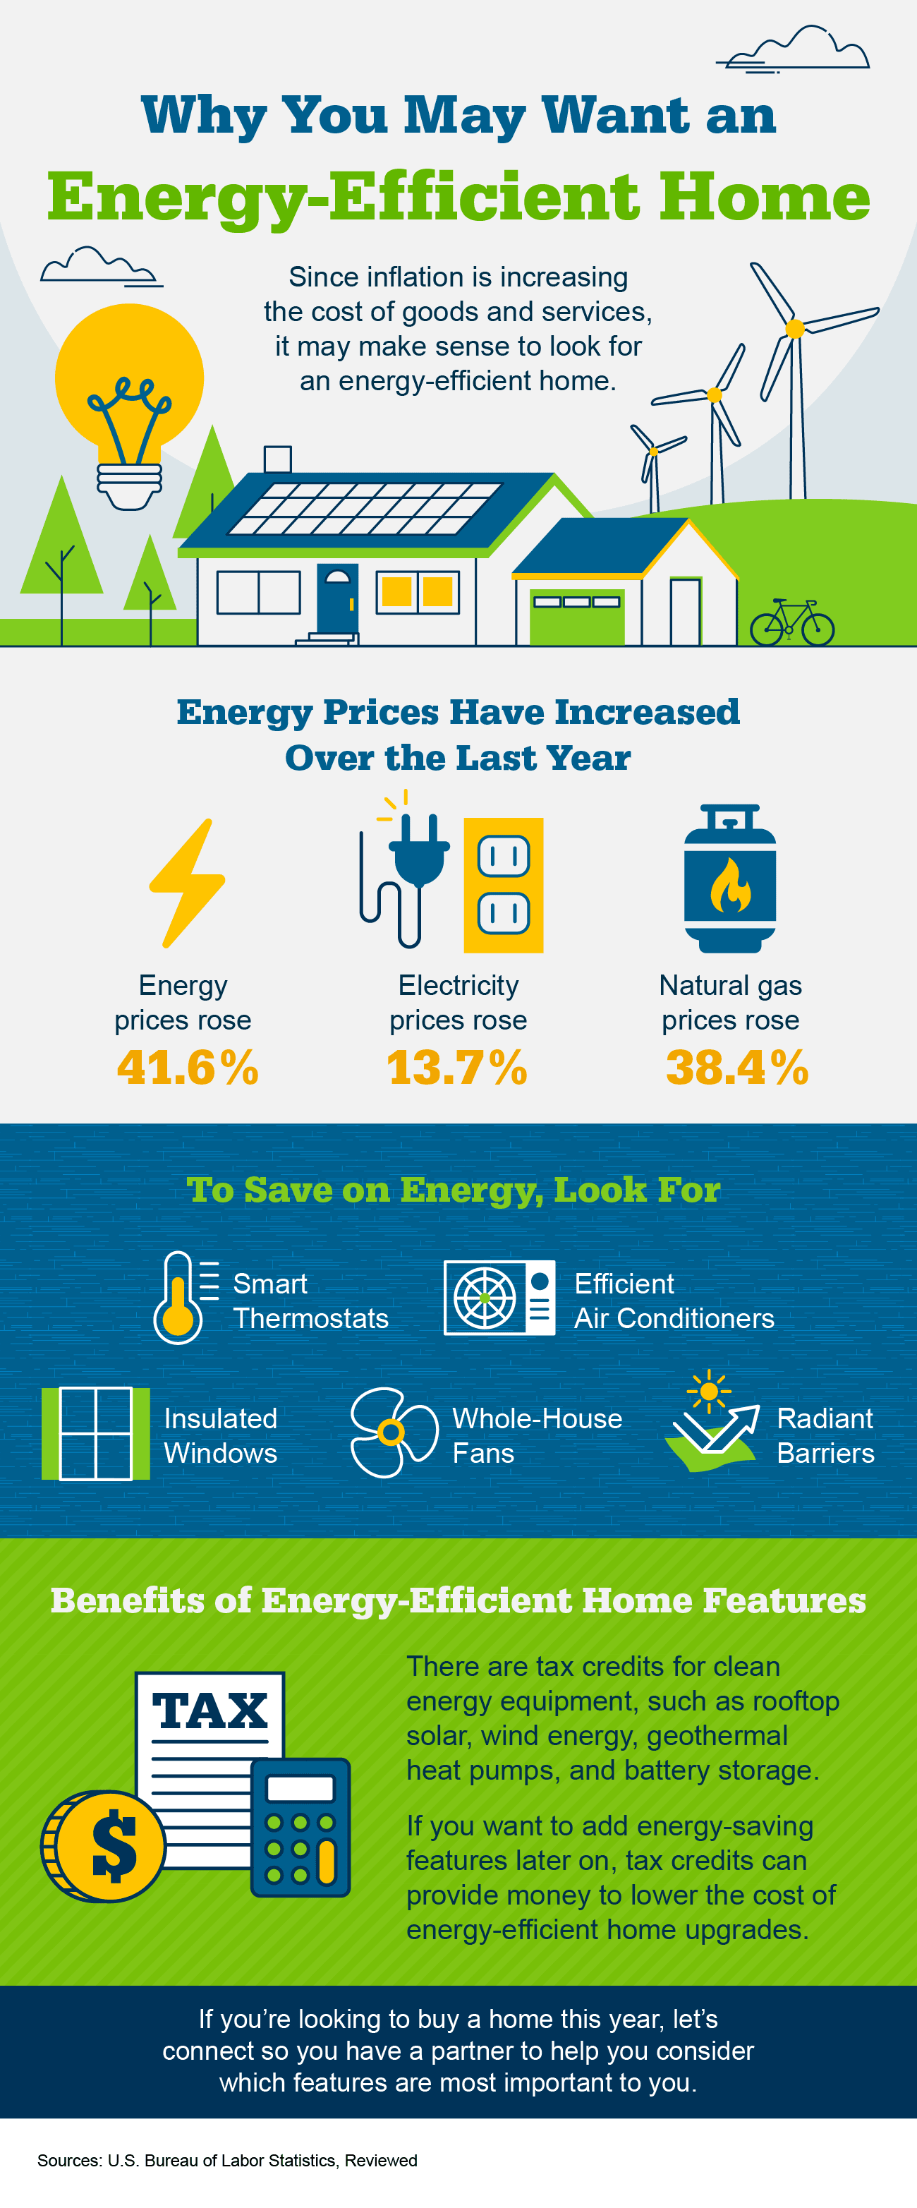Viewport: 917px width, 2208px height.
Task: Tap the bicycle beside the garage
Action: [792, 623]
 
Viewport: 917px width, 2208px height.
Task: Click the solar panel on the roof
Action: [364, 508]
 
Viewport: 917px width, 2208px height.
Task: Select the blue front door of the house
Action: [336, 599]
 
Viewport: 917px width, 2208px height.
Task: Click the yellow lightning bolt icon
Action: [188, 883]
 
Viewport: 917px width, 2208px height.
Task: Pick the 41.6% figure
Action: [188, 1068]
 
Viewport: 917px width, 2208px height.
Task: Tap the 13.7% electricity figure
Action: [457, 1068]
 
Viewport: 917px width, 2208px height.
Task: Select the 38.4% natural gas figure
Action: [737, 1068]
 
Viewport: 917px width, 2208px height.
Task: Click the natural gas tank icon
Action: [730, 879]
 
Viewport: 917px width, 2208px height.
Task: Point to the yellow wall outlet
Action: [503, 886]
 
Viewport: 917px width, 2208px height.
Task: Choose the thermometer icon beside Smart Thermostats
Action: [178, 1297]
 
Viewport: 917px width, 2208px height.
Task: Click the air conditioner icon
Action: [499, 1297]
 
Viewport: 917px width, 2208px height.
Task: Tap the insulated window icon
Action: [95, 1433]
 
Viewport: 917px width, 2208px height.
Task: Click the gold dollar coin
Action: [104, 1845]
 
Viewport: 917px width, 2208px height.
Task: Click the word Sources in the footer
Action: [68, 2160]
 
